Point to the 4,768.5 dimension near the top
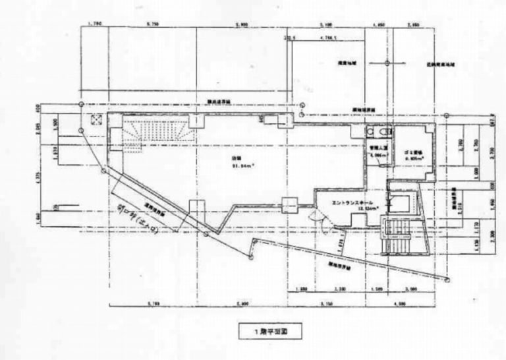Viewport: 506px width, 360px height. click(327, 38)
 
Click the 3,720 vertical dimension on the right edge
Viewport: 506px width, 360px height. click(492, 156)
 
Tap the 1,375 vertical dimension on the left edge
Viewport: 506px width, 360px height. click(40, 178)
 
